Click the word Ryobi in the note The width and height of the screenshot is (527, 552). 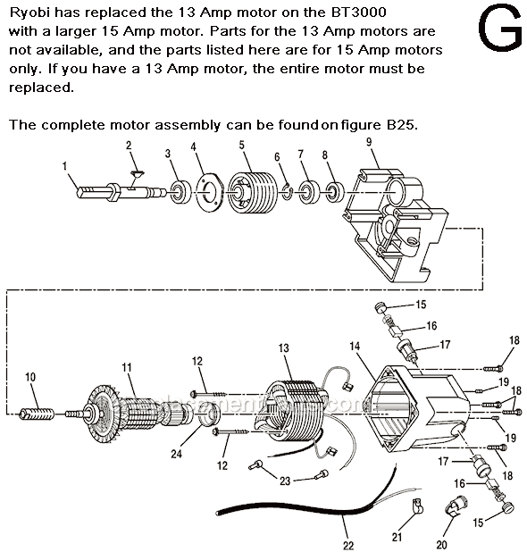coord(30,12)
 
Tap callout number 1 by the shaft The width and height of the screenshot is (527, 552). coord(65,165)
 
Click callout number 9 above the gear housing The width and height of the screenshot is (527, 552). coord(368,141)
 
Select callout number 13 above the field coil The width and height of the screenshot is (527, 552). coord(284,347)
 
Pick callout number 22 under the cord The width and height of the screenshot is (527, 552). coord(347,544)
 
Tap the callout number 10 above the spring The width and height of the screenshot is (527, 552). coord(30,377)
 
